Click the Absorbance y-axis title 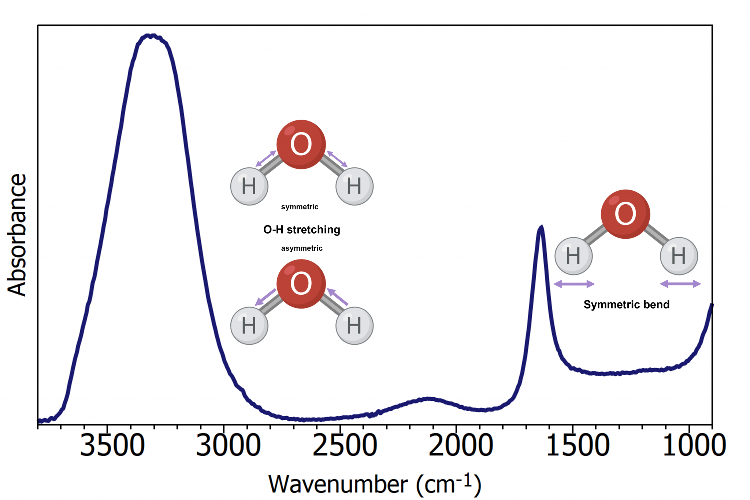[17, 235]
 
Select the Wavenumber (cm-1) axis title [374, 484]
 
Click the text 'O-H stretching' [301, 230]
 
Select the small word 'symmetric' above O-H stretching [300, 207]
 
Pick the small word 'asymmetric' [301, 248]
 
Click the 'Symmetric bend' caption [626, 305]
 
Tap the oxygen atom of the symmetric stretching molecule [301, 144]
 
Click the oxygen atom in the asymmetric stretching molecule [301, 284]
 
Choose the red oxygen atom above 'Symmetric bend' [625, 214]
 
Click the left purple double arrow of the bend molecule [574, 284]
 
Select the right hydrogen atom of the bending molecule [679, 256]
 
